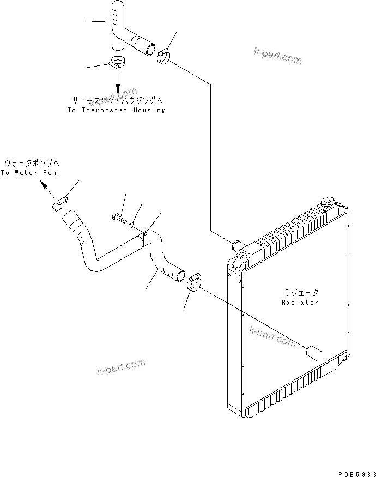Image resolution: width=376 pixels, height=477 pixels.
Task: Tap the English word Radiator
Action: coord(300,302)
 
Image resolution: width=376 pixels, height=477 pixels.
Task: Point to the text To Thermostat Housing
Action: coord(116,110)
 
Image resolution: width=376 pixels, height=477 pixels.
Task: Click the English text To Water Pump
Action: coord(31,172)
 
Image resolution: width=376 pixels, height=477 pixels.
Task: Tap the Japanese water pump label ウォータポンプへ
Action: coord(32,163)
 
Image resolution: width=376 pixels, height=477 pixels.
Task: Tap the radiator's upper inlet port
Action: coord(238,243)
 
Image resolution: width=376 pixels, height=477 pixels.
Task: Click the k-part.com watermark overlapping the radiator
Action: coord(272,336)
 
